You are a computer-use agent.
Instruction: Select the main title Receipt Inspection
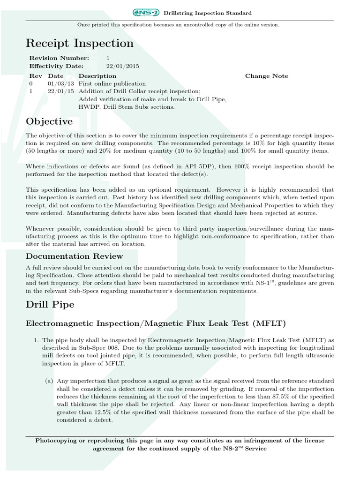click(x=80, y=44)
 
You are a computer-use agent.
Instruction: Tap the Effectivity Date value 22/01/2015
click(x=123, y=67)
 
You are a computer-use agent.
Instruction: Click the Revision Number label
click(x=59, y=58)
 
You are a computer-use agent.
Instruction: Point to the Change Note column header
click(x=267, y=76)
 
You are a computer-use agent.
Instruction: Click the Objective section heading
click(x=49, y=122)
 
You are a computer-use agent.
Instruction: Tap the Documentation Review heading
click(x=75, y=256)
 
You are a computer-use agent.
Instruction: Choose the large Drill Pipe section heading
click(x=50, y=305)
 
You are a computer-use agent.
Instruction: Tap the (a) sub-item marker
click(x=49, y=382)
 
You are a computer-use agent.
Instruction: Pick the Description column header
click(x=97, y=76)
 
